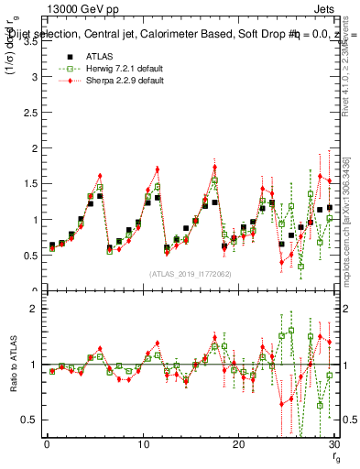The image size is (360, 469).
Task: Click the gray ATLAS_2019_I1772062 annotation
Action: (x=190, y=274)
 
